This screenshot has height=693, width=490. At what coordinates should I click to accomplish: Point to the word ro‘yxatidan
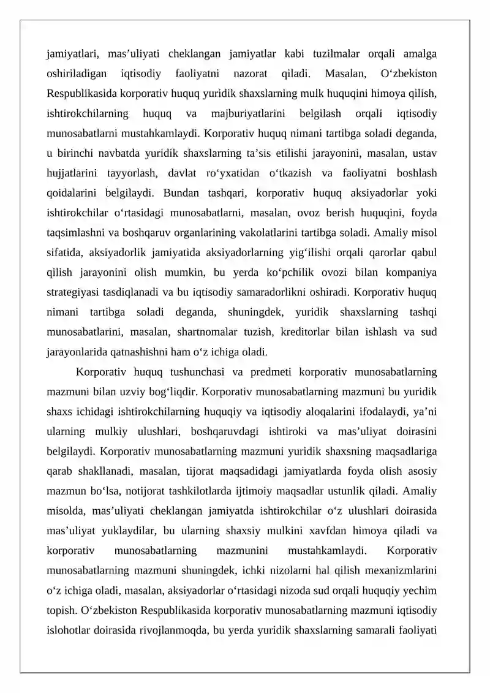pos(238,173)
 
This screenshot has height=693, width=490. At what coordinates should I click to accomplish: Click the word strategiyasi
pos(76,292)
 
